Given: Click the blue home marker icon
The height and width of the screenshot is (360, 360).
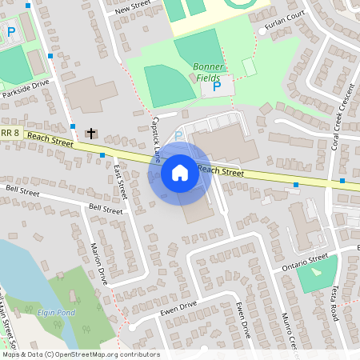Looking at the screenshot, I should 180,173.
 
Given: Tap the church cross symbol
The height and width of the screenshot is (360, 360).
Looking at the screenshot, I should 91,133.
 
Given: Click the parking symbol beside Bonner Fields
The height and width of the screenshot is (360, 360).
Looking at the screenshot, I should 216,86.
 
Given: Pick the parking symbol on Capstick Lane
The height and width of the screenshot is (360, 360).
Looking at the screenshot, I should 179,135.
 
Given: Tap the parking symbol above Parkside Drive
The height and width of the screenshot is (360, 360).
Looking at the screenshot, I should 11,32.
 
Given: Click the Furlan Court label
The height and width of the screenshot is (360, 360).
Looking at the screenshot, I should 288,14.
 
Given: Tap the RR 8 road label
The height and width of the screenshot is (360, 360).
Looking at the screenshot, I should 9,133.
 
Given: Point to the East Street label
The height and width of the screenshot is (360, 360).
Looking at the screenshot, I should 121,182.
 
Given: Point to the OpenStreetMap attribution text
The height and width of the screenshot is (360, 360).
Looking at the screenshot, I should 81,354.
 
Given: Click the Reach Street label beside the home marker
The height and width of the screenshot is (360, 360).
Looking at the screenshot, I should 220,170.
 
